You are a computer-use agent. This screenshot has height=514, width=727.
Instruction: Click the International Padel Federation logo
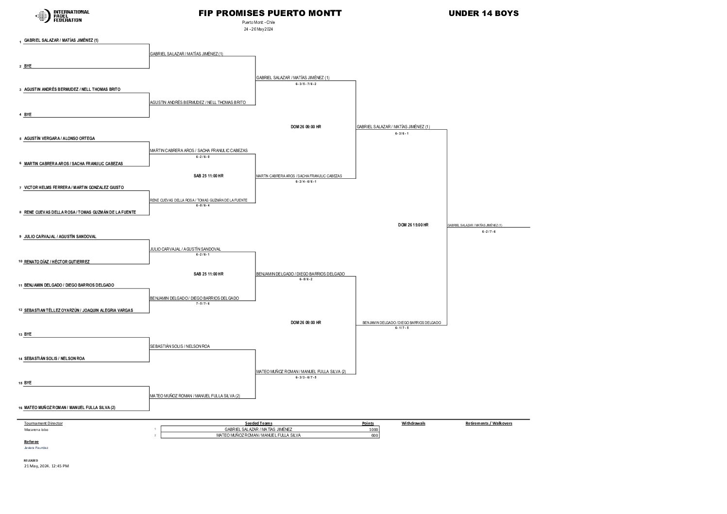coord(62,16)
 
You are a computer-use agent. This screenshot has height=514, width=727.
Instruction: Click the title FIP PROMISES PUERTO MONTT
coord(270,14)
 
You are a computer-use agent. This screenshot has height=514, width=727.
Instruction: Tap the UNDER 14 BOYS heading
coord(483,14)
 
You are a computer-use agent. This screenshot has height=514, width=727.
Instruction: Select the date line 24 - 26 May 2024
coord(259,29)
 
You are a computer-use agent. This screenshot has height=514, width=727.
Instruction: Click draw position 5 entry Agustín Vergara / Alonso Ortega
coord(60,138)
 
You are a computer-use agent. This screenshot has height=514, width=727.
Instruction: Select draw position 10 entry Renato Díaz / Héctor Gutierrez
coord(57,262)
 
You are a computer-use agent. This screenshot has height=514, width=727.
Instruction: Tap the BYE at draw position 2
coord(28,66)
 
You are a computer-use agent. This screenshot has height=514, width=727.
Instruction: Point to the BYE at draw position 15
coord(28,383)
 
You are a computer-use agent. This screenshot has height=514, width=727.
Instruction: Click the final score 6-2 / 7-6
coord(489,232)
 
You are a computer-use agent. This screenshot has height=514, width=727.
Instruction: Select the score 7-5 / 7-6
coord(203,303)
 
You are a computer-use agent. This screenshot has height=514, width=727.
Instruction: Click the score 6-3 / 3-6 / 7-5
coord(306,377)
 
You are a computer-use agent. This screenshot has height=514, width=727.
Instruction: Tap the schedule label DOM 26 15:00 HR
coord(413,225)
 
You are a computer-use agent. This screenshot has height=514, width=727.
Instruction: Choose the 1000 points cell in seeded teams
coord(373,429)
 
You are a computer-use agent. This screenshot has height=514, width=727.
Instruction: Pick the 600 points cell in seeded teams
coord(374,435)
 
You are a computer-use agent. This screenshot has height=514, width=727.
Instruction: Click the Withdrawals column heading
coord(413,423)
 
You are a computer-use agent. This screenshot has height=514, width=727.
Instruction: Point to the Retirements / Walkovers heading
coord(489,423)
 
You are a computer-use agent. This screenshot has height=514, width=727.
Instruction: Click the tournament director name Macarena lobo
coord(36,429)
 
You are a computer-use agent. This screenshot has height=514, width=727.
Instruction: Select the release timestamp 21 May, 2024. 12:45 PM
coord(47,466)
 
